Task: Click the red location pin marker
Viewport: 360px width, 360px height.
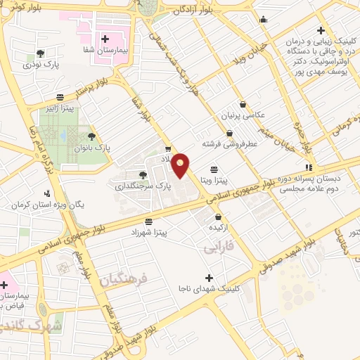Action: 181,165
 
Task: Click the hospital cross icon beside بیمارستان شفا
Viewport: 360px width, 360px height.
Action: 105,39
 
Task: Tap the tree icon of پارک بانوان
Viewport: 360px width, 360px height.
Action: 91,136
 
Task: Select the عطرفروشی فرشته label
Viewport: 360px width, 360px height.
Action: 229,143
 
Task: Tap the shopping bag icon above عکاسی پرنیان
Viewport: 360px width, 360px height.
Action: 243,103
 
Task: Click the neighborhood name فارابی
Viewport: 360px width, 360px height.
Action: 217,249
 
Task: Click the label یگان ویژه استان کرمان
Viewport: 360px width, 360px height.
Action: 49,205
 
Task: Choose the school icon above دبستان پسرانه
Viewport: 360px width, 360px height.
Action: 309,166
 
